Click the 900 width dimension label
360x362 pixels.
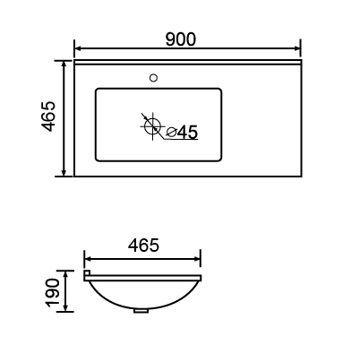tap(181, 39)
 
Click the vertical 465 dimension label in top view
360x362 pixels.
tap(48, 116)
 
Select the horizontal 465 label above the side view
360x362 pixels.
tap(143, 246)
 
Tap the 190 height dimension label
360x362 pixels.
tap(52, 293)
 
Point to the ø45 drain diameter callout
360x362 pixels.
tap(182, 132)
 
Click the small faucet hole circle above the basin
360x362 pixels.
tap(153, 78)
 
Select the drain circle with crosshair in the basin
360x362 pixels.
tap(152, 126)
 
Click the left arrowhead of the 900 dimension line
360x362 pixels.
tap(78, 47)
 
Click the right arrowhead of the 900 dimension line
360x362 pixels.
tap(296, 47)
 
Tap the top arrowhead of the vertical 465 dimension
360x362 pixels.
tap(64, 65)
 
